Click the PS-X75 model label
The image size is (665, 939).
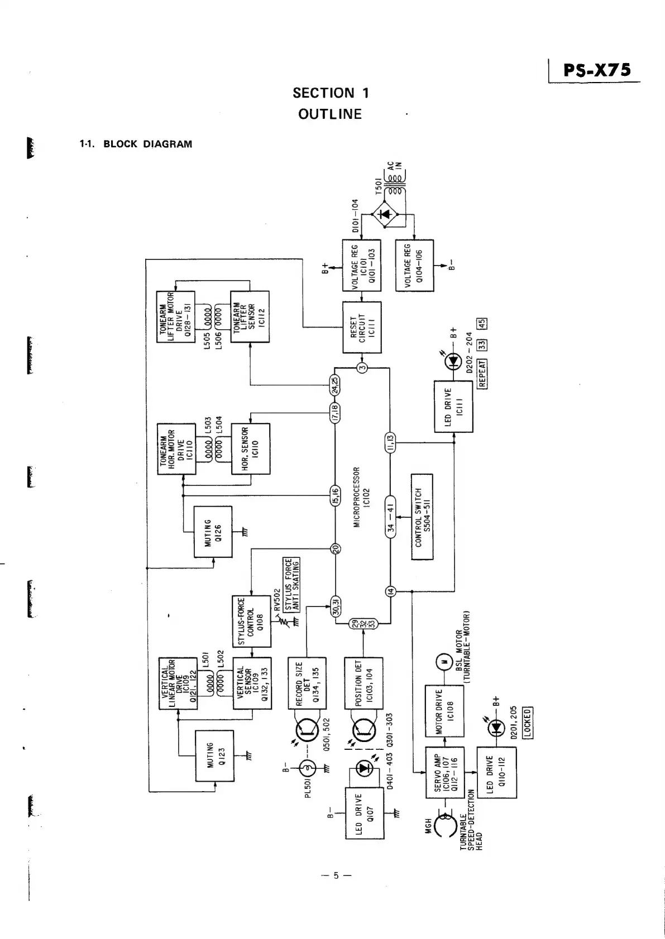click(x=597, y=70)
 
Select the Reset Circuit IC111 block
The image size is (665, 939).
click(x=362, y=327)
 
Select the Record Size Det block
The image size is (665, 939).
click(x=307, y=683)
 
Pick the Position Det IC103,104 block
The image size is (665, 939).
click(x=363, y=683)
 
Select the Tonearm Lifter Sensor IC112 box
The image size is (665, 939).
click(x=250, y=316)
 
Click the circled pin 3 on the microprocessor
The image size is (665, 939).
click(x=362, y=368)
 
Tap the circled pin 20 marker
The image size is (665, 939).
click(x=336, y=548)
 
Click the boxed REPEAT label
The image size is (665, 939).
click(x=483, y=373)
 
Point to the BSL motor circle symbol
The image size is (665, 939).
click(x=445, y=662)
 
